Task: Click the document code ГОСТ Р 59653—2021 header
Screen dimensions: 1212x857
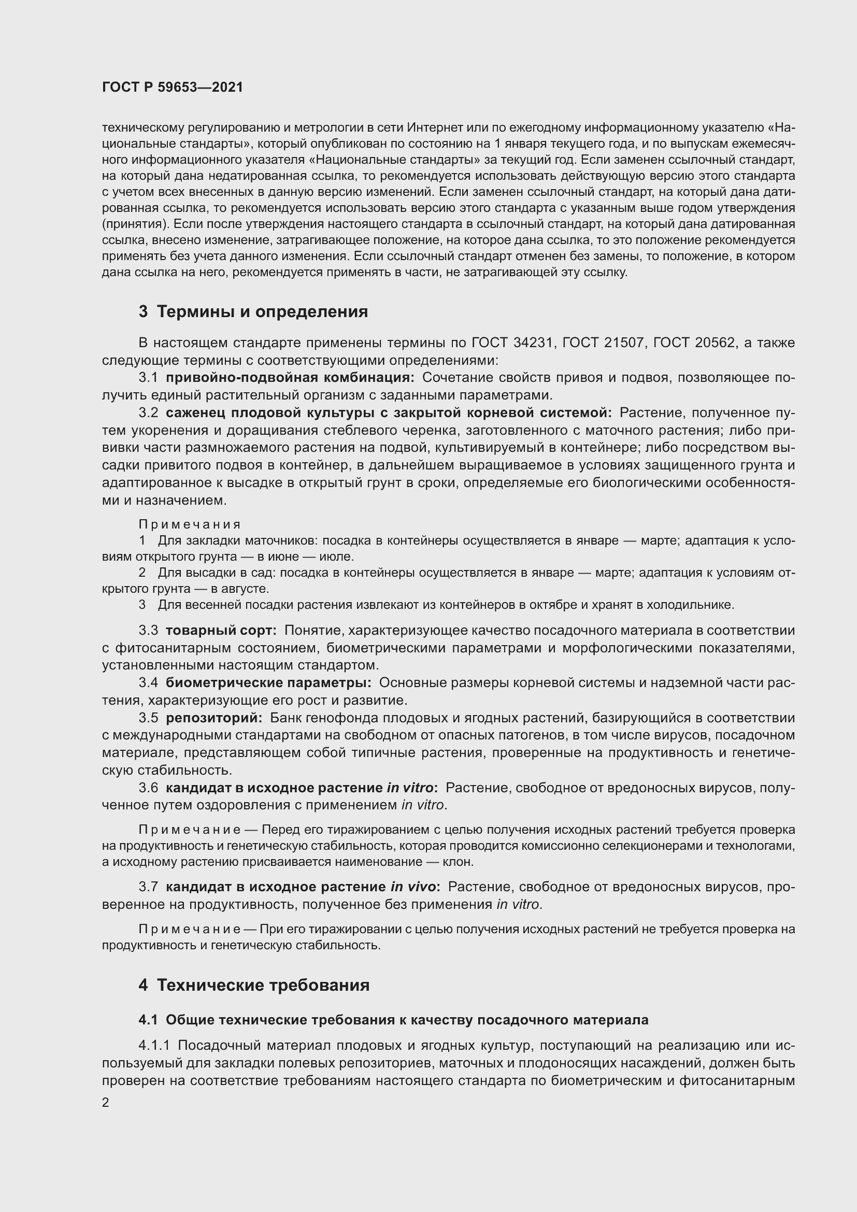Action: (x=173, y=88)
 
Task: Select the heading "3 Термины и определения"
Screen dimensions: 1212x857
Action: (x=253, y=312)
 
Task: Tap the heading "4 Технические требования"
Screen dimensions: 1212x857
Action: (x=254, y=985)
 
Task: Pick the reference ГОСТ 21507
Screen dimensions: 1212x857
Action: (x=604, y=343)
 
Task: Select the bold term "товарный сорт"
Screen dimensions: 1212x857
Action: (x=221, y=631)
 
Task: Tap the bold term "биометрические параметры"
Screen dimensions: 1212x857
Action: (x=268, y=683)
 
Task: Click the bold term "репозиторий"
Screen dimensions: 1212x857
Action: (x=213, y=718)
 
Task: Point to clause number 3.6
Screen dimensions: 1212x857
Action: (x=148, y=788)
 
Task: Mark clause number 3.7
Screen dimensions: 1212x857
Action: (x=148, y=887)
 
